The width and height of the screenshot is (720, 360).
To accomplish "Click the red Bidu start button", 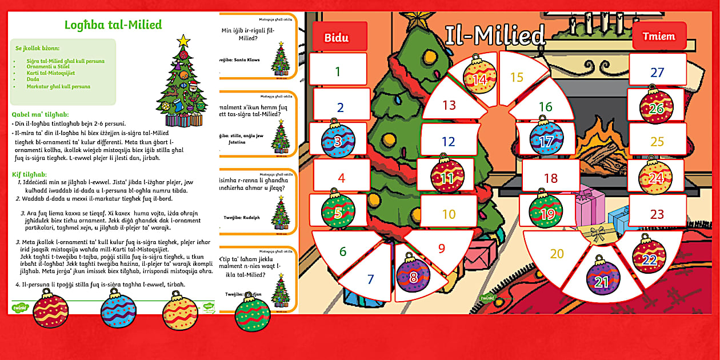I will pos(337,38).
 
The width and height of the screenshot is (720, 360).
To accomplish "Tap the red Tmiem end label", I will pos(658,36).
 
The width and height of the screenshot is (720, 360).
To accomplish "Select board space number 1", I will pos(338,71).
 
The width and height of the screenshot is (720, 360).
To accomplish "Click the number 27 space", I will pos(657,73).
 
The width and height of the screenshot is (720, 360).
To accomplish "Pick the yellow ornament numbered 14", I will pos(479,77).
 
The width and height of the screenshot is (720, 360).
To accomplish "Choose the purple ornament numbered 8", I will pos(413,277).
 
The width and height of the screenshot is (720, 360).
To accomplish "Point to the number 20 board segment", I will pos(557,253).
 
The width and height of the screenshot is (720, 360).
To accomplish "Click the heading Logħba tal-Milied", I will pos(113,25).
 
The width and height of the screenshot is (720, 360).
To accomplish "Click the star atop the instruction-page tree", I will pos(183,41).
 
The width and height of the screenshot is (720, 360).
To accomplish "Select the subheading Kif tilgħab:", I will pos(30,174).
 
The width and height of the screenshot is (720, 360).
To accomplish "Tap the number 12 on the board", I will pos(448,142).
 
